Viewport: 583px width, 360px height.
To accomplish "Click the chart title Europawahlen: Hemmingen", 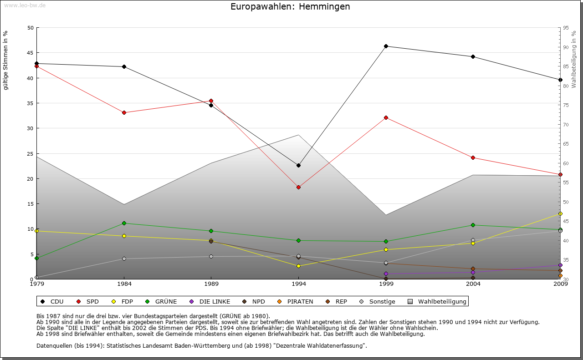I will coord(290,6).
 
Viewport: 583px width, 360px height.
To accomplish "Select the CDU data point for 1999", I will coord(386,46).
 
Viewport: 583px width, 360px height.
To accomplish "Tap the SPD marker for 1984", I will coord(124,112).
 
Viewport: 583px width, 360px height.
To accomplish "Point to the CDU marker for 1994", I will coord(298,165).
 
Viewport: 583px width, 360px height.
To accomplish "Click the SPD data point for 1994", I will coord(298,187).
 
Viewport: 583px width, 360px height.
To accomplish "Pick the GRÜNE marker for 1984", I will coord(124,223).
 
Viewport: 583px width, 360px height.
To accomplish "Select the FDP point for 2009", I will coord(560,213).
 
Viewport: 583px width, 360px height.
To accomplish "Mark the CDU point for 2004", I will coord(473,56).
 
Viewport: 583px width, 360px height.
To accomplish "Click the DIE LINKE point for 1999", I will coord(386,274).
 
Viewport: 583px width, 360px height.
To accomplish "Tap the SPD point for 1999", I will coord(386,117).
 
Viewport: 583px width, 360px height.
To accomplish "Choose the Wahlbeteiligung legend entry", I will coord(437,301).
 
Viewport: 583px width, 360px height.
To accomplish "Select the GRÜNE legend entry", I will coord(161,301).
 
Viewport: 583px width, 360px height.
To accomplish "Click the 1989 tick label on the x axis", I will coord(211,284).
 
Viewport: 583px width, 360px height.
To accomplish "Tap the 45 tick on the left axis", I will coord(31,53).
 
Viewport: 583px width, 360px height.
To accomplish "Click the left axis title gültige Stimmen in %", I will coord(6,60).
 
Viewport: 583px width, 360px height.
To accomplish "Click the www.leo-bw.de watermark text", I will coord(25,5).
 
